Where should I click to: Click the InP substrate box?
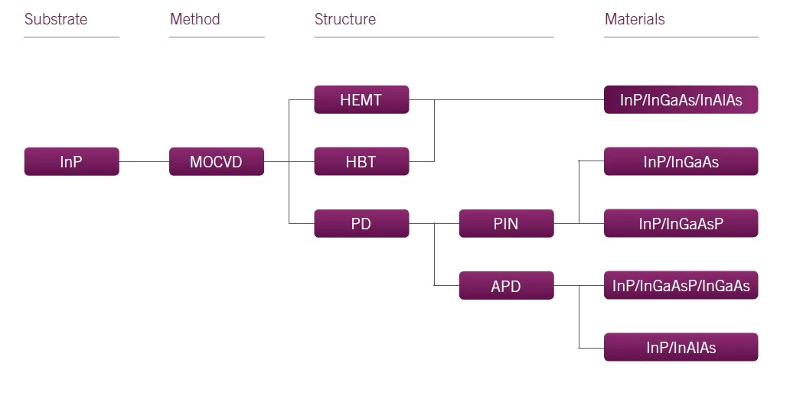[x=71, y=162]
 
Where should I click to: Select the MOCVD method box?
[x=217, y=162]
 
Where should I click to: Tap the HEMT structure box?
[x=361, y=100]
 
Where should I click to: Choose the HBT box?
[x=361, y=162]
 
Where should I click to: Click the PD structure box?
[x=361, y=224]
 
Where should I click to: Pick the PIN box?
[x=506, y=224]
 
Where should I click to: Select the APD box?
[x=506, y=286]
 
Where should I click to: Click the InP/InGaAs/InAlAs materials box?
[x=681, y=100]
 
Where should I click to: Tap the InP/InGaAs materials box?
[x=681, y=162]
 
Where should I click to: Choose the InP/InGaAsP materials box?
[x=681, y=224]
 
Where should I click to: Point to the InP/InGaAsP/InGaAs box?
[x=681, y=286]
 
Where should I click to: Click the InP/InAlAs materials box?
[x=681, y=348]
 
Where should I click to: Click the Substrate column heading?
[x=56, y=19]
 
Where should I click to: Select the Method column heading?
[x=195, y=19]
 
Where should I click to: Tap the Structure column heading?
[x=345, y=19]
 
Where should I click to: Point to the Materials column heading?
[x=635, y=19]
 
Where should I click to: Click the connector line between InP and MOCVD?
[x=144, y=162]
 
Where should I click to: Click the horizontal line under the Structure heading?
[x=433, y=37]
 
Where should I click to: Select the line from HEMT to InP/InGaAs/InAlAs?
[x=521, y=100]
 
